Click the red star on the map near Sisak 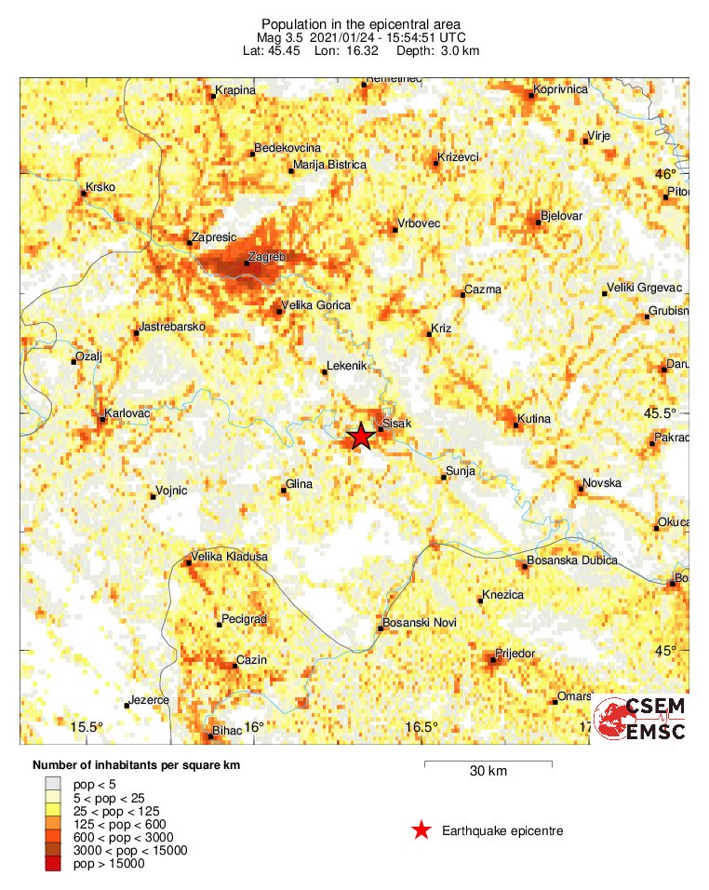pyautogui.click(x=360, y=437)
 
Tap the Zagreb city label pyautogui.click(x=266, y=255)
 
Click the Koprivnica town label pyautogui.click(x=560, y=89)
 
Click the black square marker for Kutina pyautogui.click(x=517, y=425)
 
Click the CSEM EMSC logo pyautogui.click(x=641, y=719)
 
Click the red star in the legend pyautogui.click(x=421, y=830)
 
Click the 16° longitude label pyautogui.click(x=254, y=727)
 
